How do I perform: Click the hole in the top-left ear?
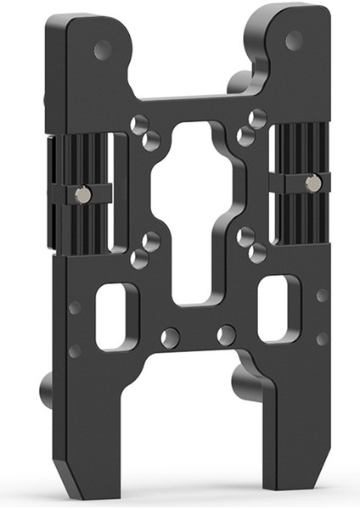pyautogui.click(x=102, y=50)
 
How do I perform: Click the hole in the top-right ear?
pyautogui.click(x=294, y=40)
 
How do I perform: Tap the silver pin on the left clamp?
pyautogui.click(x=82, y=195)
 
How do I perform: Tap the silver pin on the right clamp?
pyautogui.click(x=313, y=182)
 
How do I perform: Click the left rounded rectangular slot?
pyautogui.click(x=117, y=316)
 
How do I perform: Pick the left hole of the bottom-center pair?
pyautogui.click(x=171, y=336)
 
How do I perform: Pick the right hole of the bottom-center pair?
pyautogui.click(x=226, y=335)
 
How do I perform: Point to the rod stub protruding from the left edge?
pyautogui.click(x=46, y=391)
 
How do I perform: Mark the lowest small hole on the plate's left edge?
pyautogui.click(x=75, y=350)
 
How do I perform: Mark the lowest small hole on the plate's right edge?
pyautogui.click(x=322, y=338)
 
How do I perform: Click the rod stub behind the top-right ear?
pyautogui.click(x=239, y=82)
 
